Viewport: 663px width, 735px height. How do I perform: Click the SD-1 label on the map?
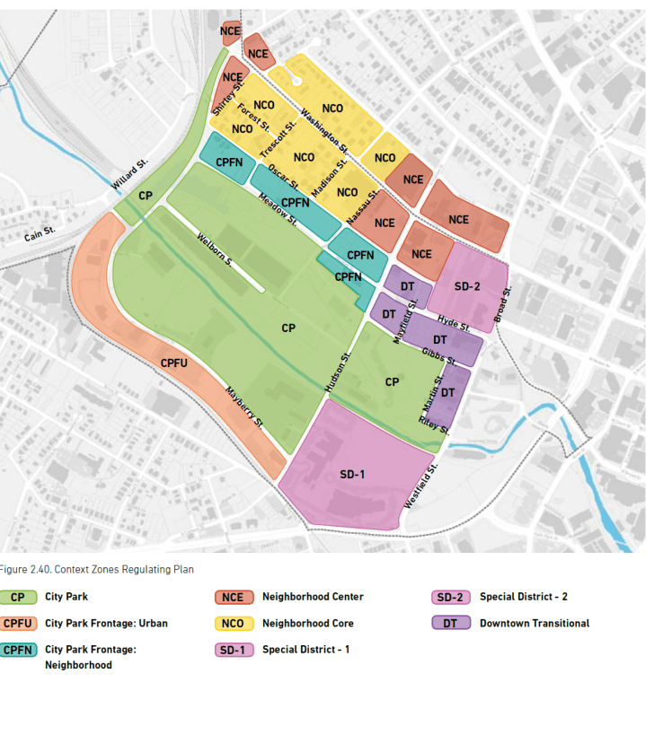click(x=352, y=473)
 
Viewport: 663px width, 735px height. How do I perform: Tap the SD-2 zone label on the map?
click(x=467, y=285)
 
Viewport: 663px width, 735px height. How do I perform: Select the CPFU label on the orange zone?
click(x=173, y=363)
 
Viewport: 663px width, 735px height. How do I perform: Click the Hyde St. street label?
click(x=454, y=322)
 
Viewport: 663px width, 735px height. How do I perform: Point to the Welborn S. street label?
click(x=216, y=249)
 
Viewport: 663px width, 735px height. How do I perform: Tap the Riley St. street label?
click(x=433, y=424)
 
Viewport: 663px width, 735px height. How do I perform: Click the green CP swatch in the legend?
click(x=18, y=597)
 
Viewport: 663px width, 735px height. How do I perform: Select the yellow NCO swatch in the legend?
click(x=233, y=623)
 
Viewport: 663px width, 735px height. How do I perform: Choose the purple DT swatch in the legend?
click(x=451, y=623)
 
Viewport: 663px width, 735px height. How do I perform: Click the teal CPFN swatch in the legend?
click(x=18, y=650)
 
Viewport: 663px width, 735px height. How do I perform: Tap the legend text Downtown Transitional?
click(x=534, y=623)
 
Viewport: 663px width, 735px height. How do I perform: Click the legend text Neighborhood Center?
click(x=312, y=597)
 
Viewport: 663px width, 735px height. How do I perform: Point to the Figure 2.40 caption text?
click(x=96, y=569)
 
